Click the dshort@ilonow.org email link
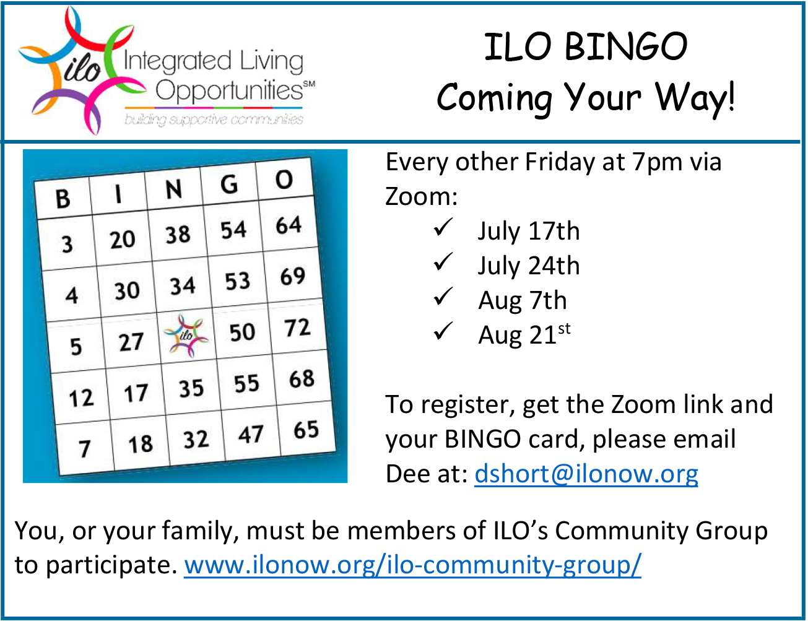(x=586, y=474)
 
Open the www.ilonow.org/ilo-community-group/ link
(x=413, y=565)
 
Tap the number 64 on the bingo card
(x=289, y=225)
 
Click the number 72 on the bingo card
(x=297, y=328)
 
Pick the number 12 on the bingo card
(x=81, y=397)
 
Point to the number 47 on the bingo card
(x=251, y=434)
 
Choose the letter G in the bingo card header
(x=228, y=185)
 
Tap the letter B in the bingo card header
(x=63, y=198)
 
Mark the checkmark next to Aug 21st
(x=443, y=331)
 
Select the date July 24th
(x=528, y=266)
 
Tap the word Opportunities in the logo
(x=229, y=90)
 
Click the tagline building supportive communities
(x=214, y=119)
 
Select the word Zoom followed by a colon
(x=421, y=196)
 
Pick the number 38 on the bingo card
(x=178, y=235)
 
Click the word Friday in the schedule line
(x=560, y=162)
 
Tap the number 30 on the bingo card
(x=127, y=290)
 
